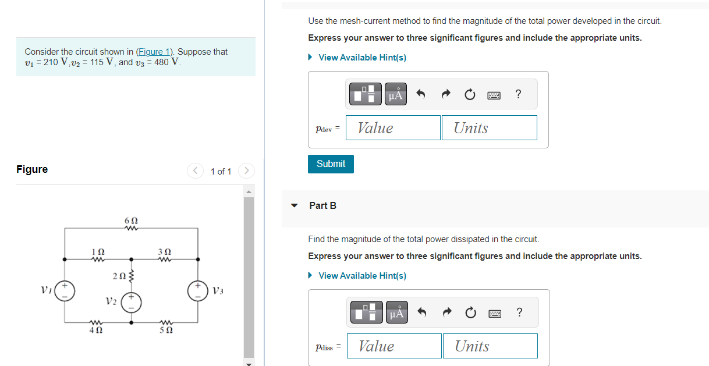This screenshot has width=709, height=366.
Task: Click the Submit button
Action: tap(331, 164)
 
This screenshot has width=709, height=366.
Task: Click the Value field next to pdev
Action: tap(393, 128)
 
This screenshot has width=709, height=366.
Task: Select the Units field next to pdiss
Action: tap(490, 346)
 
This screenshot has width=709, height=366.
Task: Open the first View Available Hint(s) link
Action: tap(362, 58)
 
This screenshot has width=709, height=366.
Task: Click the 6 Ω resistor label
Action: tap(131, 221)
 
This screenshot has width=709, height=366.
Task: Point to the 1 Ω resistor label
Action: tap(98, 251)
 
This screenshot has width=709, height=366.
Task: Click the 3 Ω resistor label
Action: tap(164, 251)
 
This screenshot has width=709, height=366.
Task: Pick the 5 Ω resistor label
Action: tap(165, 330)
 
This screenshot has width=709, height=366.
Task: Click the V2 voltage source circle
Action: tap(131, 304)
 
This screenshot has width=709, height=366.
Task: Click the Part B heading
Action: tap(322, 205)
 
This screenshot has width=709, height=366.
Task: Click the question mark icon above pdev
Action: tap(518, 94)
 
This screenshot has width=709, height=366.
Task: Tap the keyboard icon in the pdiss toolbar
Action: tap(494, 313)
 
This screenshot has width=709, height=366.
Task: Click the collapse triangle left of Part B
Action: tap(295, 205)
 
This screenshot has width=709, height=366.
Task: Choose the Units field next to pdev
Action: tap(489, 128)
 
